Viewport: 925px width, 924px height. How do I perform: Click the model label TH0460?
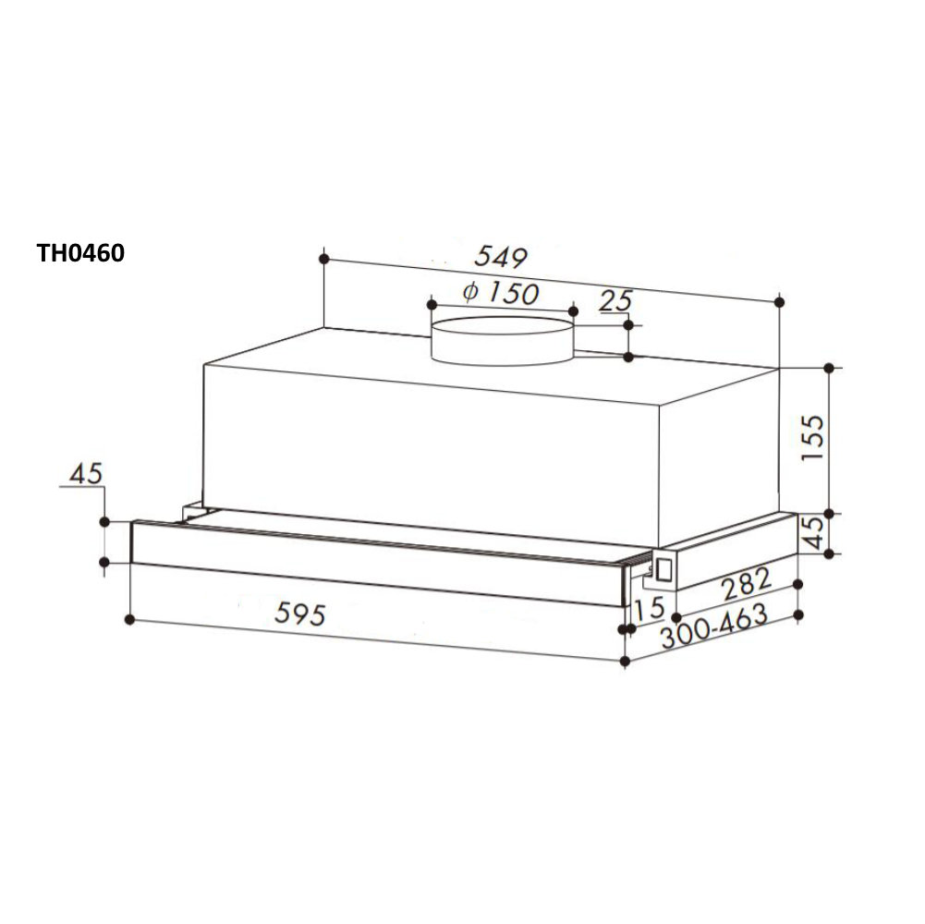[80, 252]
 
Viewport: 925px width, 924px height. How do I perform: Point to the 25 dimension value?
[615, 300]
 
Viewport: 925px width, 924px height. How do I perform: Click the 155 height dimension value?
[811, 438]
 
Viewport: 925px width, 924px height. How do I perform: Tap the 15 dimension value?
[650, 608]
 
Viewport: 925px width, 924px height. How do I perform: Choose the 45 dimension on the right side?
[811, 534]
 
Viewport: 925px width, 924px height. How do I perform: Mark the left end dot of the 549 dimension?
[323, 258]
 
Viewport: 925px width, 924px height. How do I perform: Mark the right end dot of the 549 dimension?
[780, 302]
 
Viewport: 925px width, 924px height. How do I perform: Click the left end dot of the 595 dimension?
[131, 618]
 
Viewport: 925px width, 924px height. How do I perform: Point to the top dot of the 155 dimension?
[829, 368]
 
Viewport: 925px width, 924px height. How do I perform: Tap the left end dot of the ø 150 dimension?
[431, 301]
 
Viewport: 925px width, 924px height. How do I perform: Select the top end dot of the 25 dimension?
[629, 324]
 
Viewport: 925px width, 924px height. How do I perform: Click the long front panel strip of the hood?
[370, 564]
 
